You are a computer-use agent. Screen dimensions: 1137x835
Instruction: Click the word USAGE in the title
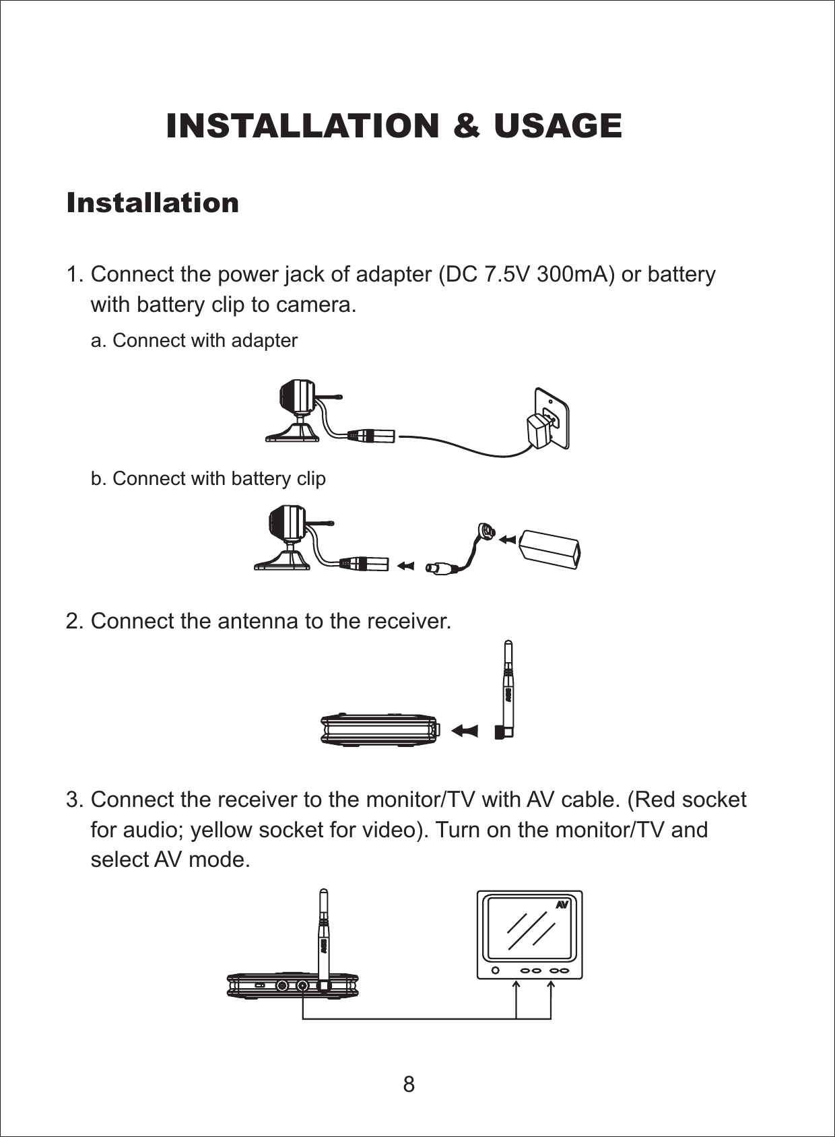(557, 126)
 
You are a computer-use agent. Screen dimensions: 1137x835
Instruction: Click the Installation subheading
(153, 203)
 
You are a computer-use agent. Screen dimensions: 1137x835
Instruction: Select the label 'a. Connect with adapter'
(194, 341)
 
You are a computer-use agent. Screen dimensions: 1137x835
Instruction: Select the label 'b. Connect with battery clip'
(208, 479)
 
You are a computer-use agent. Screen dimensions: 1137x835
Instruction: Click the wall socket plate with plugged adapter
(550, 419)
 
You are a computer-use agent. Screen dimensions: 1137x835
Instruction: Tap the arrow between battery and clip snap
(507, 539)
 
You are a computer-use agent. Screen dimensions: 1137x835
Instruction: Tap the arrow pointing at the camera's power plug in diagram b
(405, 566)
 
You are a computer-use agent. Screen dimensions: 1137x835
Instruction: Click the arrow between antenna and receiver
(465, 730)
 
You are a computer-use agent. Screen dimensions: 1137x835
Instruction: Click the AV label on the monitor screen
(562, 905)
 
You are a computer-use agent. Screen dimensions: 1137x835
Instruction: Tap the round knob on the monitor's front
(496, 971)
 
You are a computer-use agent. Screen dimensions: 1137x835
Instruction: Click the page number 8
(409, 1084)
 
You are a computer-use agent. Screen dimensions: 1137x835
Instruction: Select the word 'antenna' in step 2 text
(259, 621)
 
